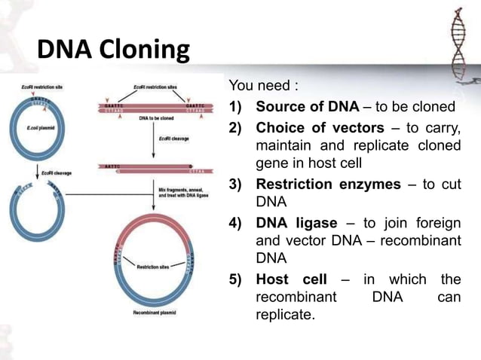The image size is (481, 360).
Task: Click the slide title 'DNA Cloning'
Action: tap(113, 50)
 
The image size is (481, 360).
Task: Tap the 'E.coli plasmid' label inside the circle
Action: tap(37, 129)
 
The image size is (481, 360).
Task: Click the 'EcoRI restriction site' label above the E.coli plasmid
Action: tap(37, 87)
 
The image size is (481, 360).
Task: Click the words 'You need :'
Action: tap(259, 86)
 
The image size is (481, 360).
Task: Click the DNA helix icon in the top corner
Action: tap(457, 38)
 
